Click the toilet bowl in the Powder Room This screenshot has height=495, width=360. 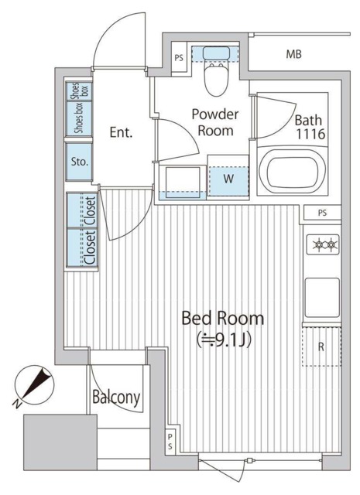point(216,78)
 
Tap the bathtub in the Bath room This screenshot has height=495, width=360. point(293,171)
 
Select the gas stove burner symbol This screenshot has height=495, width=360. point(323,244)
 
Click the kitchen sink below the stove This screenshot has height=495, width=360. point(322,297)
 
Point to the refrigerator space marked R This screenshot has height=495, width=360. point(321,346)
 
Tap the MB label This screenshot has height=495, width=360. point(294,55)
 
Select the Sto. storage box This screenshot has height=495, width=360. point(79,162)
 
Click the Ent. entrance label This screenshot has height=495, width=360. point(121,132)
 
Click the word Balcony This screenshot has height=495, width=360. point(116,397)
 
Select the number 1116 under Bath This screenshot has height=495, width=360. point(310,134)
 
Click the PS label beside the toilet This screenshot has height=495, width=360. point(179,59)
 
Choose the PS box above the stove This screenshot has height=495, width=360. point(322,213)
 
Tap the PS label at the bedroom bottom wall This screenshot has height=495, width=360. point(170,442)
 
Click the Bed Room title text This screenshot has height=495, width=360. point(222,318)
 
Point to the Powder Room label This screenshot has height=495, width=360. point(215,122)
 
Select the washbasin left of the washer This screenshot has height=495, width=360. point(183,183)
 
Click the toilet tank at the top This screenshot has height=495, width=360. point(216,53)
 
